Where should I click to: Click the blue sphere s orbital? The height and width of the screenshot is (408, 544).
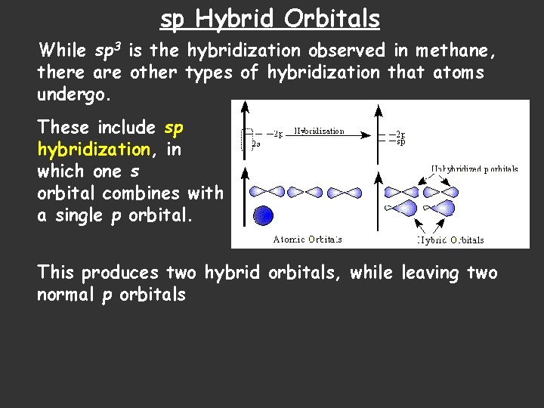[262, 215]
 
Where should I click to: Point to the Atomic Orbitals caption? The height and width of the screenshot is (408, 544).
[308, 240]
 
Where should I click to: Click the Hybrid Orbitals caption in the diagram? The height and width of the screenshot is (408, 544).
[450, 240]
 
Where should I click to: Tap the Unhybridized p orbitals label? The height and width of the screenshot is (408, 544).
[474, 169]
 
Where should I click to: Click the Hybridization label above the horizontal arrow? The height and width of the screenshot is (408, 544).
[319, 131]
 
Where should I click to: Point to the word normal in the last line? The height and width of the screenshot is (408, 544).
[66, 295]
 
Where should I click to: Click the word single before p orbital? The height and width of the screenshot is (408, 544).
[78, 215]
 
